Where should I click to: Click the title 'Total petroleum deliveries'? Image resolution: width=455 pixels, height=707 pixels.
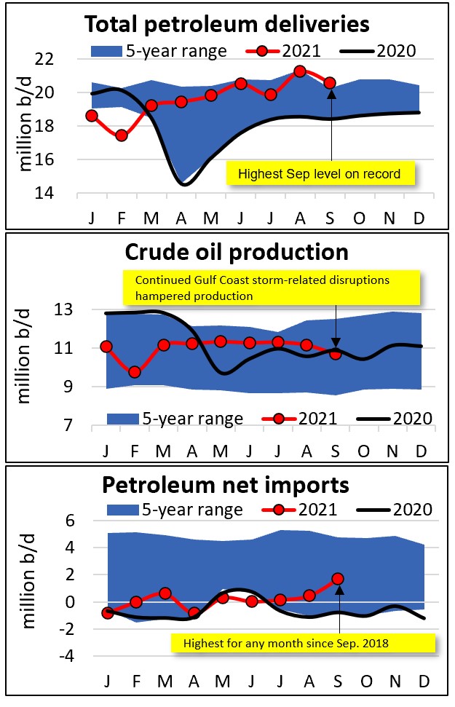227,24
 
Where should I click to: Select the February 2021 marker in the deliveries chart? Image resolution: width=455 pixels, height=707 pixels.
122,135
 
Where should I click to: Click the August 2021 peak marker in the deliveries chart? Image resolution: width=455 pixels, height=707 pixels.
299,71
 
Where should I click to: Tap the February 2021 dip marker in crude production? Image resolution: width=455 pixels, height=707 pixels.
135,372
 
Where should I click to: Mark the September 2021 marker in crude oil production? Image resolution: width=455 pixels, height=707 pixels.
336,353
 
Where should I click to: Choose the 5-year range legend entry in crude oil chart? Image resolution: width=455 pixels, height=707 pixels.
175,419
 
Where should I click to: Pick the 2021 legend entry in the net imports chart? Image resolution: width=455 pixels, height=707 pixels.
306,510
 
